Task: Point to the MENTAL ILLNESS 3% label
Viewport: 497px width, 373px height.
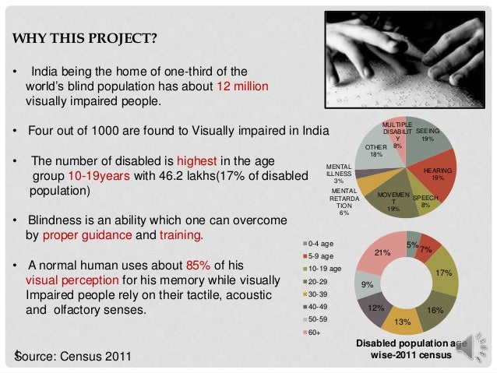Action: click(338, 173)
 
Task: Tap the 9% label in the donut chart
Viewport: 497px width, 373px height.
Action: click(366, 285)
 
